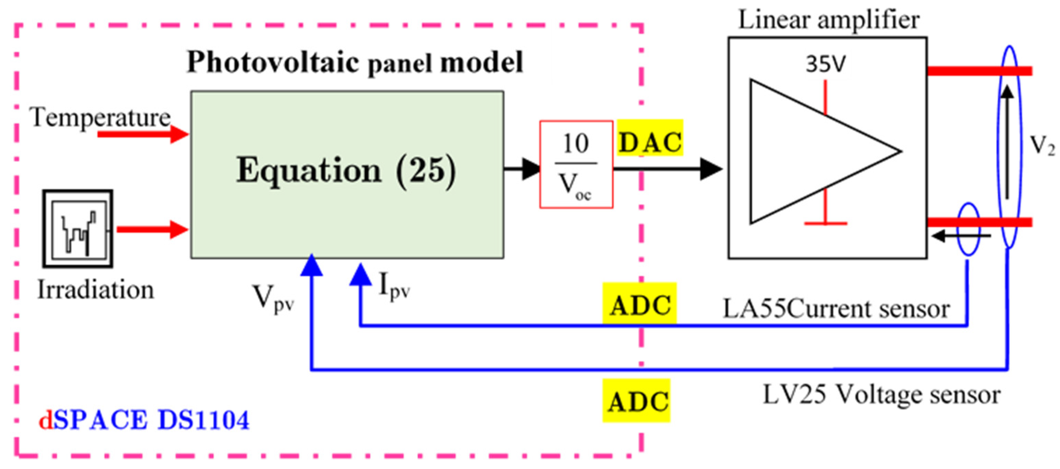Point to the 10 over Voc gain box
click(576, 164)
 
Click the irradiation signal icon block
click(78, 229)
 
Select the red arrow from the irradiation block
click(152, 229)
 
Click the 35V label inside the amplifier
click(825, 64)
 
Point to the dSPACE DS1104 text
click(144, 420)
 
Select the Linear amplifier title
click(828, 19)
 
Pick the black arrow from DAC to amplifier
click(667, 169)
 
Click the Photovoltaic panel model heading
click(355, 63)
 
